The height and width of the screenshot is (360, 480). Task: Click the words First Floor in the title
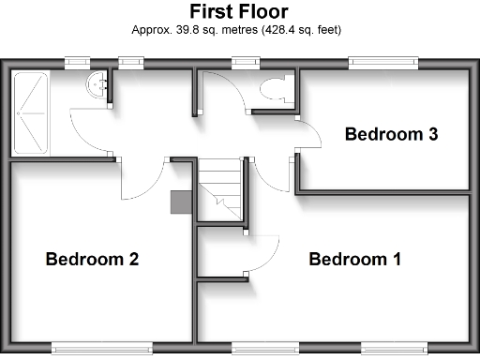[x=239, y=11]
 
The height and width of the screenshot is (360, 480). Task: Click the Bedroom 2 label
[x=93, y=259]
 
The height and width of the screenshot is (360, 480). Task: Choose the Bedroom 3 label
[x=391, y=134]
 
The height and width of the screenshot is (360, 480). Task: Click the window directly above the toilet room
[x=246, y=63]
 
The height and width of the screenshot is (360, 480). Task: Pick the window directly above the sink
[x=130, y=63]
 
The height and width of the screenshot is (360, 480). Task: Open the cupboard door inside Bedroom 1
[x=264, y=253]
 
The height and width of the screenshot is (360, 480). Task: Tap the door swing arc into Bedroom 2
[x=142, y=178]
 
